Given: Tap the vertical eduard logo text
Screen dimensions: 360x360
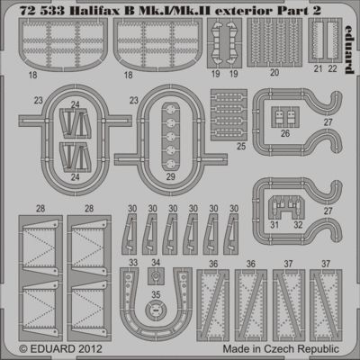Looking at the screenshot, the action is (x=349, y=49).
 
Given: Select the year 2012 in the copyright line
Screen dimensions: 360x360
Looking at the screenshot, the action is (x=91, y=349).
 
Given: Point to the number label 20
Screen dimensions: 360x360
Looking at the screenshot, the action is (x=274, y=72).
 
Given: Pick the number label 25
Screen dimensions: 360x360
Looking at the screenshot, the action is (x=241, y=146).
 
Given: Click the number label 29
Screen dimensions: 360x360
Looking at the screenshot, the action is (x=170, y=176).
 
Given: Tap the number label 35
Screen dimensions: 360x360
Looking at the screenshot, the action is (x=156, y=294).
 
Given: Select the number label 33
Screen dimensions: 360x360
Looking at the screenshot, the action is (x=133, y=263).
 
